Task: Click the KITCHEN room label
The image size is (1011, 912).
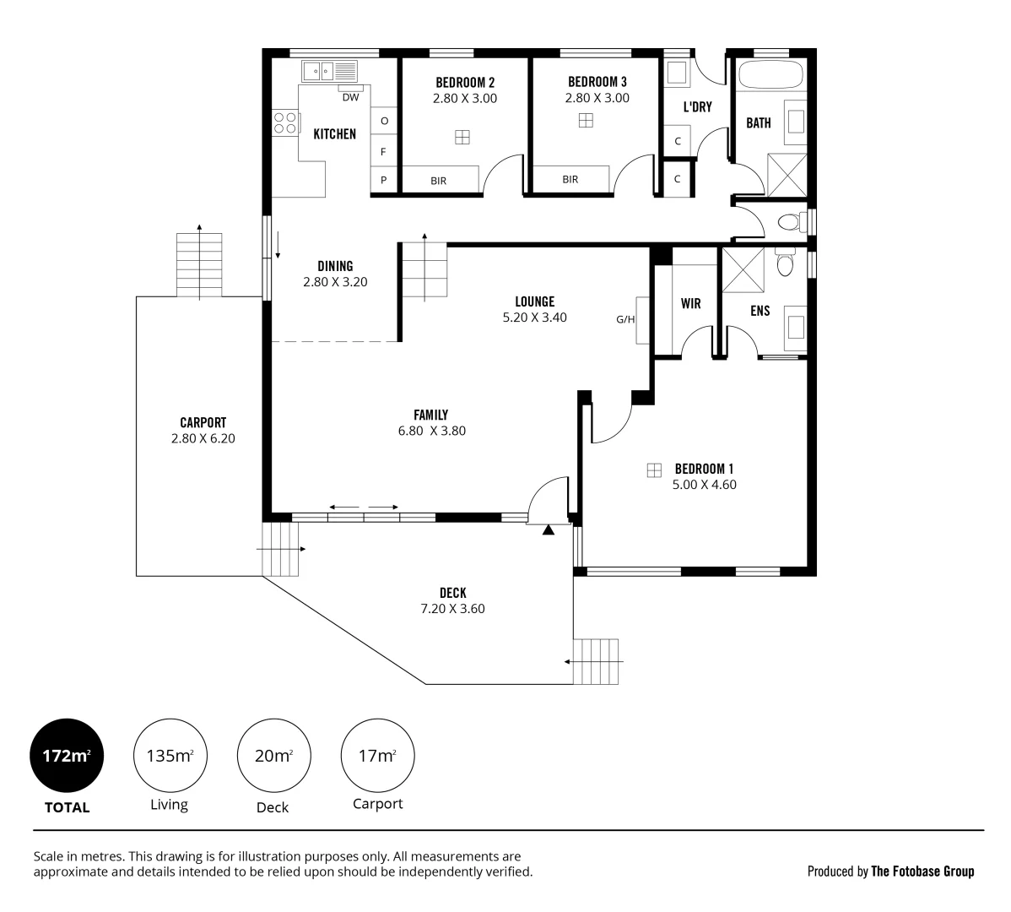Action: (x=334, y=133)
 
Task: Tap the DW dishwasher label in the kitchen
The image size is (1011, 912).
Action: (x=350, y=97)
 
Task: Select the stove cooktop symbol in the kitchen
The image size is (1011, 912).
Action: (x=285, y=123)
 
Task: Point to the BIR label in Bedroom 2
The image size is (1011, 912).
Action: (x=438, y=180)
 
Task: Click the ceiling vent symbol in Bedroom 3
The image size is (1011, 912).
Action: (x=586, y=121)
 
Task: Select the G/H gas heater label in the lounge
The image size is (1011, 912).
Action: (x=624, y=319)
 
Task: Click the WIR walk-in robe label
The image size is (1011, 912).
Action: (x=690, y=304)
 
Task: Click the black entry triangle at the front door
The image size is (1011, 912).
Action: (x=549, y=530)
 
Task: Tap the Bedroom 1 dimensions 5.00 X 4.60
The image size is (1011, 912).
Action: (x=704, y=485)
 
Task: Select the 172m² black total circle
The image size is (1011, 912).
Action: (x=67, y=756)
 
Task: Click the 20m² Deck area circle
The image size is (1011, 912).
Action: (x=273, y=756)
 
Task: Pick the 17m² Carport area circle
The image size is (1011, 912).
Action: (x=377, y=756)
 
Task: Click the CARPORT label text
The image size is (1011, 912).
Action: (x=203, y=422)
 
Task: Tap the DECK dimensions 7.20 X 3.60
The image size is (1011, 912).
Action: (x=452, y=608)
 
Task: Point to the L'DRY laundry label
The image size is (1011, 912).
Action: (x=697, y=107)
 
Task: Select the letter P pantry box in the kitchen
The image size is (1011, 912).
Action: (x=384, y=180)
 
